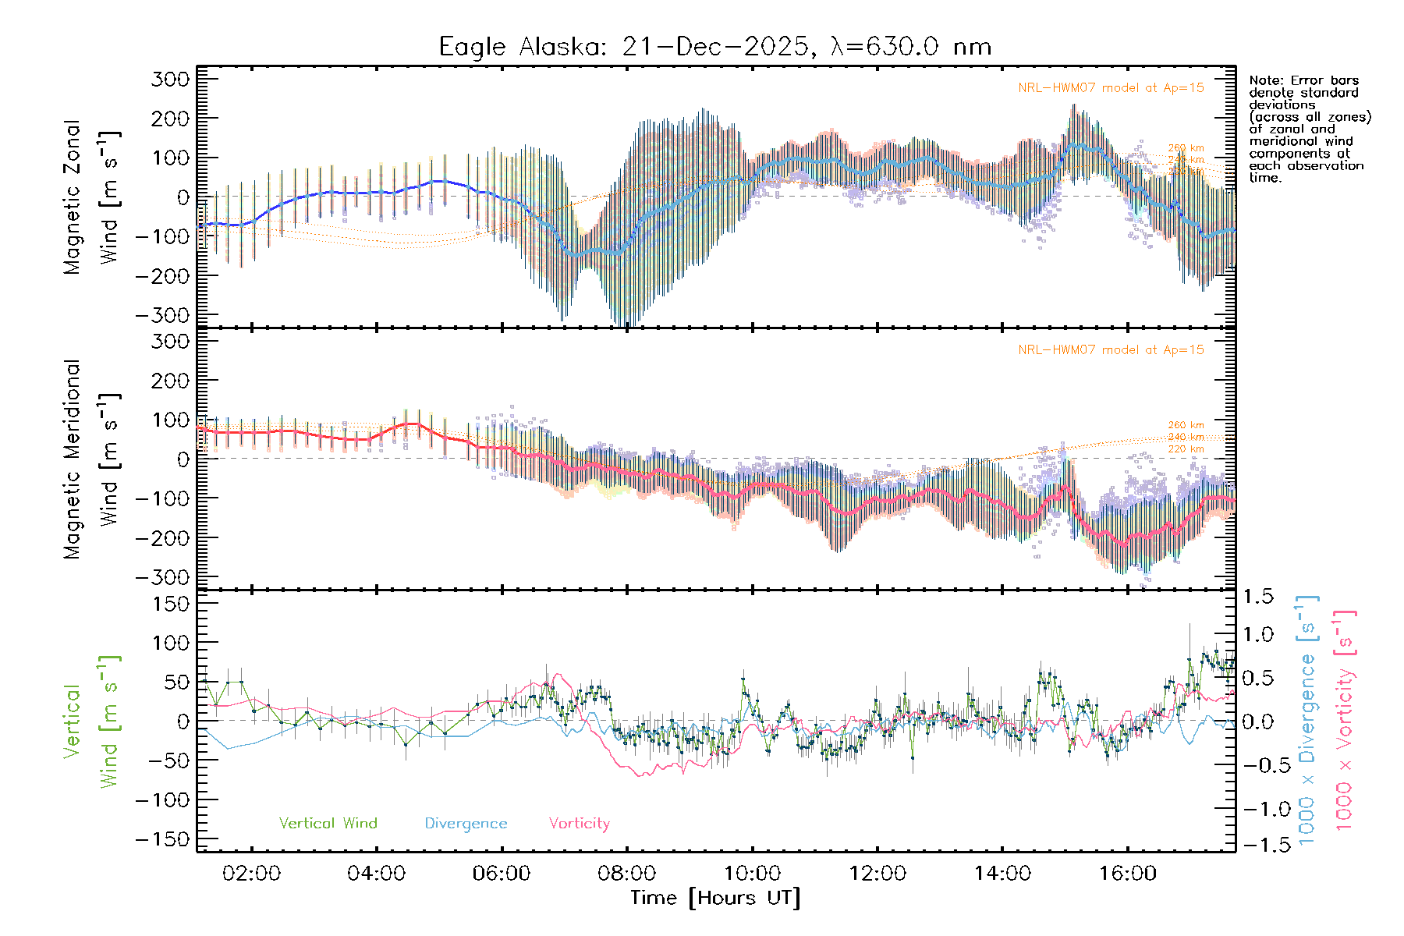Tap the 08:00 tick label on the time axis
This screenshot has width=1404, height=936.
pos(626,874)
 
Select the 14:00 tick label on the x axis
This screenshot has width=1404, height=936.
pos(1002,874)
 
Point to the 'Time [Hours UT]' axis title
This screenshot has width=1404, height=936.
pos(714,898)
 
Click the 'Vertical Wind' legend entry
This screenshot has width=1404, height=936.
pos(328,824)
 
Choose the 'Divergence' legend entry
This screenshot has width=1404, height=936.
pos(466,824)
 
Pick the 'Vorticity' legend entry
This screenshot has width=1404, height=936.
pos(579,824)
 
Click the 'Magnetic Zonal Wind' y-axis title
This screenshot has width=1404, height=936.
pos(91,197)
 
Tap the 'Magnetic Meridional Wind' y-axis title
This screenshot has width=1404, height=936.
pos(91,459)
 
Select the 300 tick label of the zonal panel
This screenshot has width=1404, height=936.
pos(171,80)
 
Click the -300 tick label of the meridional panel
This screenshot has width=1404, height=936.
pos(163,578)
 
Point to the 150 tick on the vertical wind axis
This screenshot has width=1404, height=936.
pos(171,604)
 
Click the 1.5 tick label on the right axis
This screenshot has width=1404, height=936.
pos(1257,597)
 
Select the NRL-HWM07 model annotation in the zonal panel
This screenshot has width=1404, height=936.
pos(1111,88)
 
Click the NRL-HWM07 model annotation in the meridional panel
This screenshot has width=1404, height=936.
pos(1111,350)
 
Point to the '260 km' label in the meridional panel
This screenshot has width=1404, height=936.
pos(1186,426)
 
